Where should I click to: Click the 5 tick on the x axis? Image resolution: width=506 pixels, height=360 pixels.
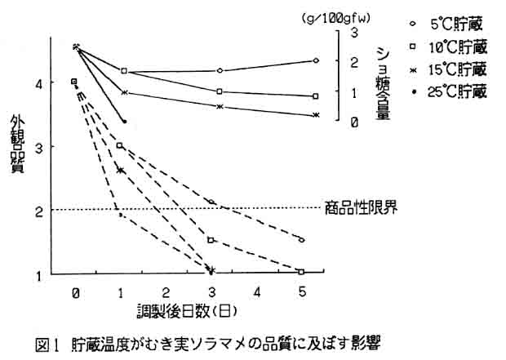(x=303, y=291)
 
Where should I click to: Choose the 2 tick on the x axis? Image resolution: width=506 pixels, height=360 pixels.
(x=165, y=291)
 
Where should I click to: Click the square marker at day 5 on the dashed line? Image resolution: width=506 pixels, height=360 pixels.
(x=302, y=272)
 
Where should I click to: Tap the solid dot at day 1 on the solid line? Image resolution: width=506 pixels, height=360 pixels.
(x=124, y=122)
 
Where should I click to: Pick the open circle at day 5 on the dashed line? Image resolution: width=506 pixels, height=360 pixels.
(x=302, y=240)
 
